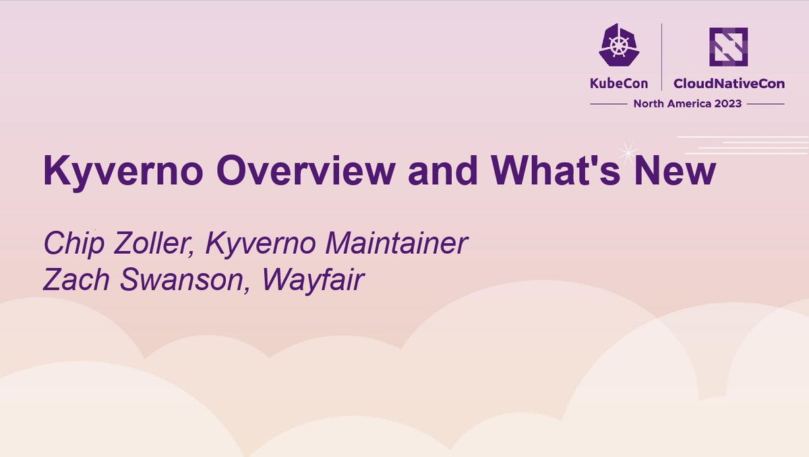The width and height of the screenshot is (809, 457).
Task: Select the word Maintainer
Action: [x=398, y=244]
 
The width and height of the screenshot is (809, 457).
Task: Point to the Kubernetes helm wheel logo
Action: [x=619, y=45]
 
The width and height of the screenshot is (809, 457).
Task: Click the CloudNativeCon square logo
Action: [x=727, y=47]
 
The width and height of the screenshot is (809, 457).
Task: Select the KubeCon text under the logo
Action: [x=619, y=84]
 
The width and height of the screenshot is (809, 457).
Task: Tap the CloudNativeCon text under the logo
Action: [x=728, y=84]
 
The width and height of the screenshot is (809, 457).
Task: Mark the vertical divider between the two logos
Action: [x=661, y=57]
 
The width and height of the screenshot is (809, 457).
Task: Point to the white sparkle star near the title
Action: [x=629, y=151]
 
